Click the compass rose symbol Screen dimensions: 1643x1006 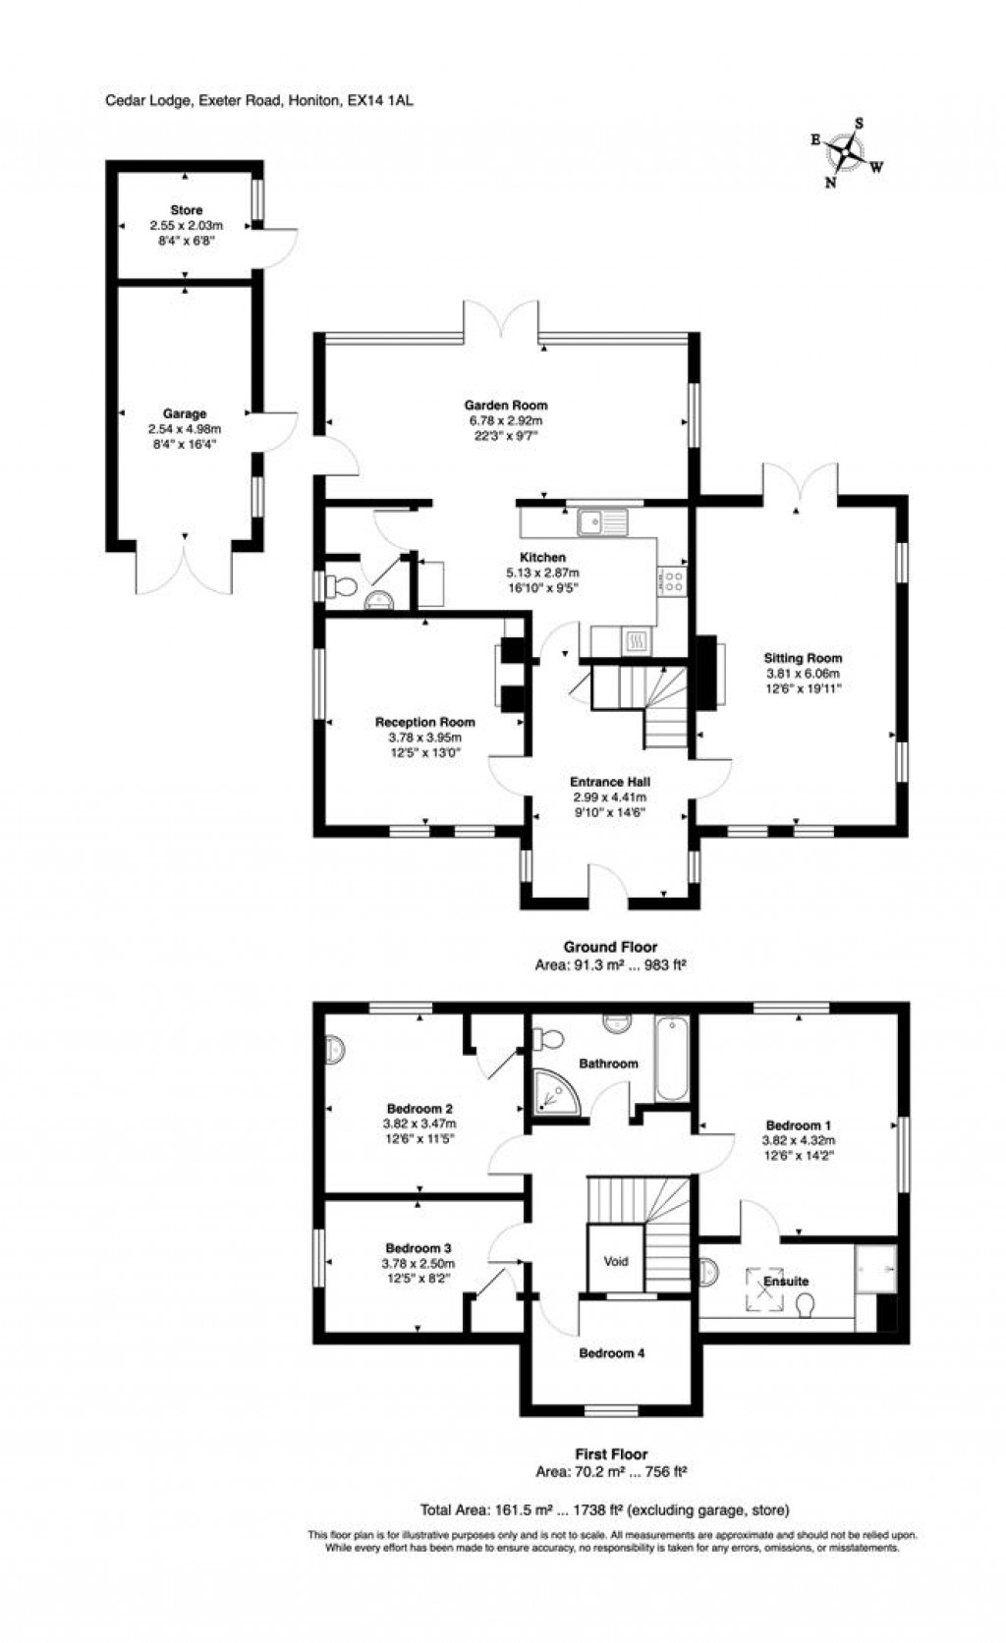click(x=845, y=152)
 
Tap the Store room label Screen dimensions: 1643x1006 click(x=186, y=210)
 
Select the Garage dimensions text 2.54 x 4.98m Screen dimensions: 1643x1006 click(x=184, y=429)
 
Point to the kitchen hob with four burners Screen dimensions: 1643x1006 click(x=674, y=580)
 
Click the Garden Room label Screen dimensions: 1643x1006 click(x=506, y=405)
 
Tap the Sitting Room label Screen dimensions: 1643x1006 click(x=804, y=658)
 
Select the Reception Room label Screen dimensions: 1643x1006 click(x=424, y=722)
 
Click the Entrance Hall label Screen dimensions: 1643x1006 click(x=610, y=782)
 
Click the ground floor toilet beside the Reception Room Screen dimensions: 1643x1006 click(x=343, y=587)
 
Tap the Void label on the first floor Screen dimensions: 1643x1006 click(x=616, y=1261)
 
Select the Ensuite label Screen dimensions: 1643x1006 click(x=786, y=1281)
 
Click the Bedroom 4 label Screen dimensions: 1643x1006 click(x=611, y=1353)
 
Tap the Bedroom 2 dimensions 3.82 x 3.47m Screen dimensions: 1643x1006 click(x=419, y=1123)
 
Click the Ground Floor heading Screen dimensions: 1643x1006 click(x=610, y=947)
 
